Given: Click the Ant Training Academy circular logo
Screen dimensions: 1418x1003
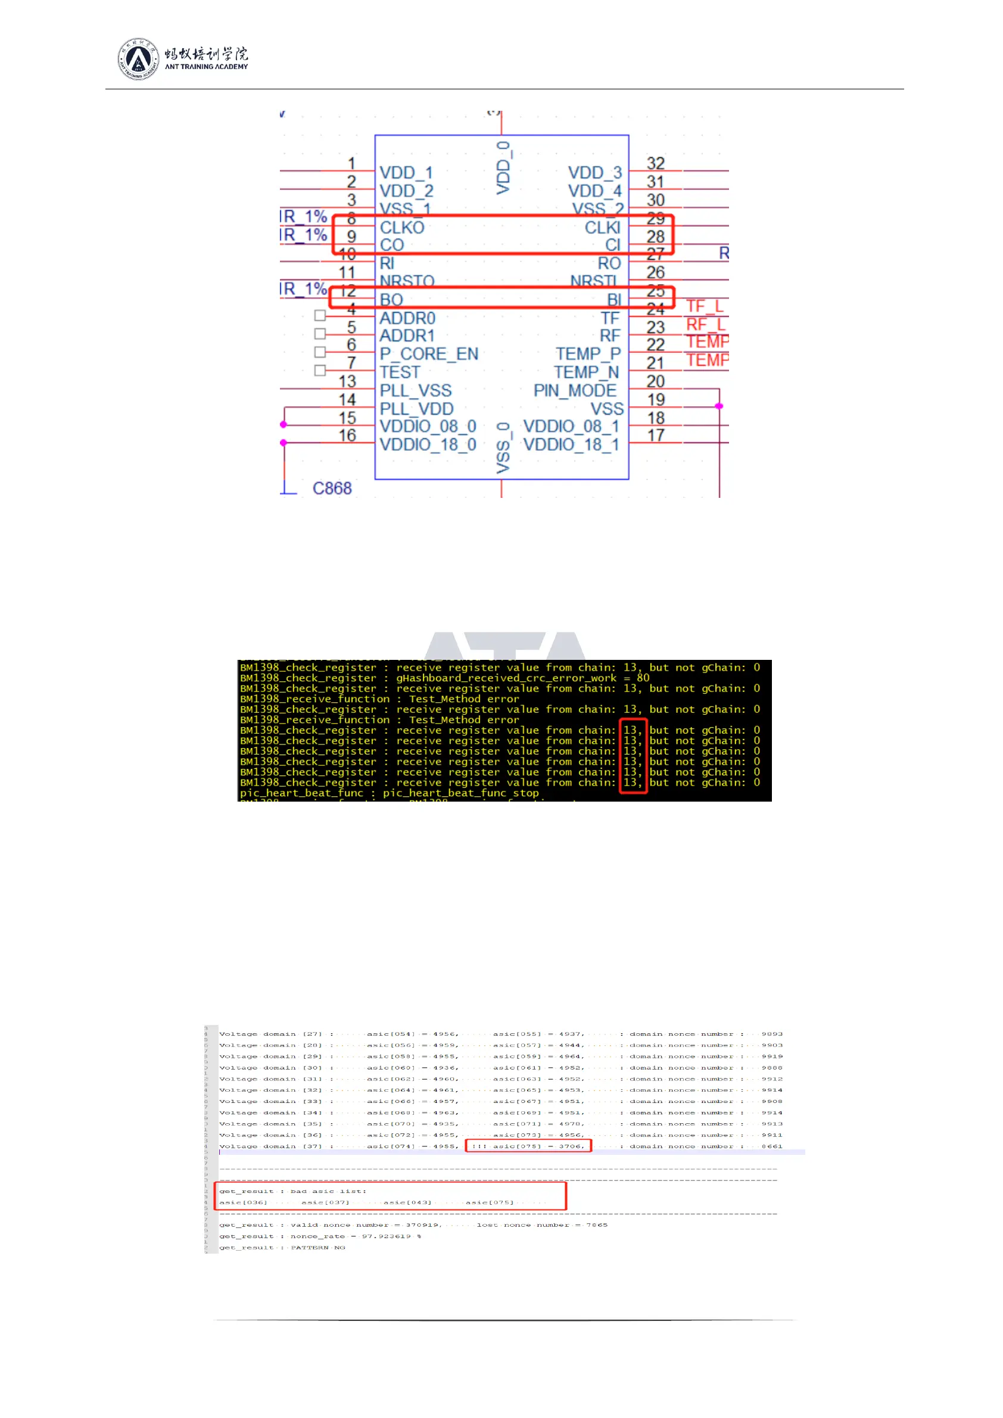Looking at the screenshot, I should tap(138, 59).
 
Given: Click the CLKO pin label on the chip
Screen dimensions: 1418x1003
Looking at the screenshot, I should tap(402, 227).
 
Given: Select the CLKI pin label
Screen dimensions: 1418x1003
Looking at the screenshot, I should tap(602, 227).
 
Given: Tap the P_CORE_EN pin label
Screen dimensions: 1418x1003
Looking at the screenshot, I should tap(429, 354).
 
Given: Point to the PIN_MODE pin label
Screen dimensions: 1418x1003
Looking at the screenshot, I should tap(575, 390).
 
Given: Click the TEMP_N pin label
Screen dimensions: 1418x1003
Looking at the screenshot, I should tap(586, 372).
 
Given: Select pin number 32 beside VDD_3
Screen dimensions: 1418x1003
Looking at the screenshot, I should tap(655, 163).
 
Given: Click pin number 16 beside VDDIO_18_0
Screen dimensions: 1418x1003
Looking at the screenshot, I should tap(347, 435).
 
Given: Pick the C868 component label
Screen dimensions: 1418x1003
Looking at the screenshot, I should tap(332, 488).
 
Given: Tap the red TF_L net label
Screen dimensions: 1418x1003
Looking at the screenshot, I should tap(705, 306).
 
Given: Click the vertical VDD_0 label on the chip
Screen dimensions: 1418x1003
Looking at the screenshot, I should tap(503, 167).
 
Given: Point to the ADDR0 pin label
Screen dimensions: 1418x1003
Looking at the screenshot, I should tap(407, 318).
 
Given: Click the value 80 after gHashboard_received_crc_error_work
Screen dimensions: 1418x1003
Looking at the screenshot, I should tap(643, 678).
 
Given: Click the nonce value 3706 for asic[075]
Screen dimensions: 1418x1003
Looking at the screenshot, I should tap(570, 1146).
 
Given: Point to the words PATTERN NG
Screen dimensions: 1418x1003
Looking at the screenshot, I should tap(318, 1248).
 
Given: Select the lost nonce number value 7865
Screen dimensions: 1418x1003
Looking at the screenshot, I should tap(597, 1224).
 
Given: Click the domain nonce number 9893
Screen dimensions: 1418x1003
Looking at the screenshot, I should tap(771, 1034).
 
